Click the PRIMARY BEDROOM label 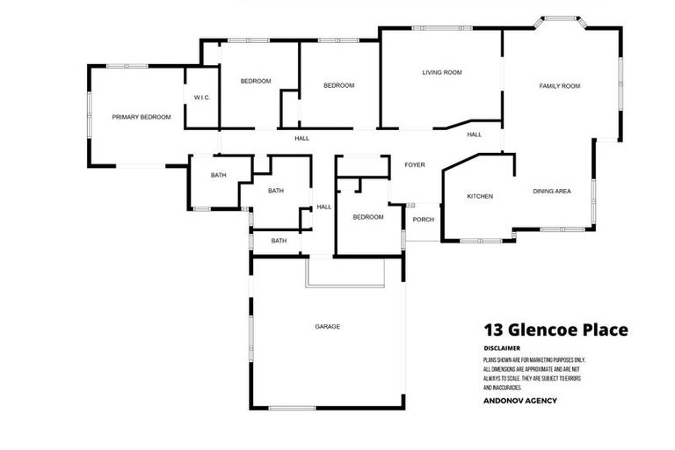click(x=141, y=117)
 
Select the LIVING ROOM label click(x=441, y=72)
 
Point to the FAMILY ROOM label click(x=560, y=85)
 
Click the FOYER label click(x=414, y=165)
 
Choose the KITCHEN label click(x=479, y=196)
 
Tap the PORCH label click(x=423, y=219)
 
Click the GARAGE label click(x=327, y=326)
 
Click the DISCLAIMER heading click(x=502, y=348)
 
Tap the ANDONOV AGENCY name click(x=519, y=401)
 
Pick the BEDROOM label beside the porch click(x=368, y=216)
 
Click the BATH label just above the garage click(x=279, y=241)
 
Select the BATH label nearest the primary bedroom click(x=218, y=175)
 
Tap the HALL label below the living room click(x=475, y=134)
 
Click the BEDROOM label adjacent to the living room click(x=338, y=85)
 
